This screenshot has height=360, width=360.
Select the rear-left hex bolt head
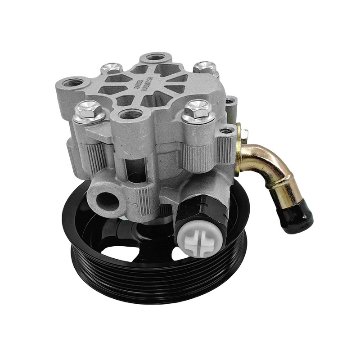coord(111,68)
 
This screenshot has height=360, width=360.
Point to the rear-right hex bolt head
coord(205,67)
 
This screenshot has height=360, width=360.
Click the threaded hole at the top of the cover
coord(155,57)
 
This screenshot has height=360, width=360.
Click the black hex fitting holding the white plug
coord(200,211)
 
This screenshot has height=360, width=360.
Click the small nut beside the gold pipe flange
coord(245,134)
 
